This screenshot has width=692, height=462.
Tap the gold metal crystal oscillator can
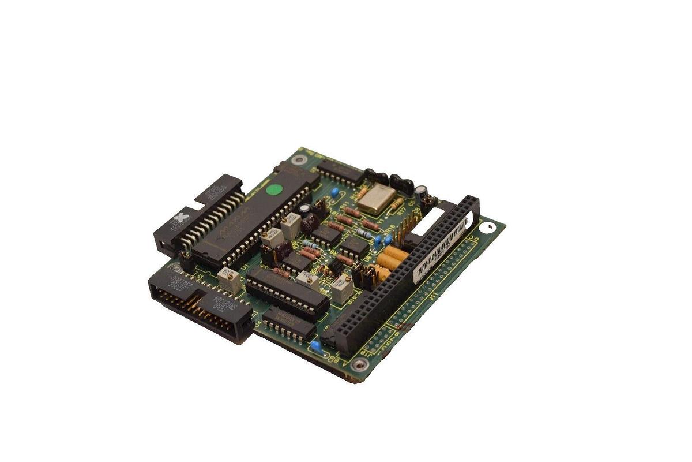375,198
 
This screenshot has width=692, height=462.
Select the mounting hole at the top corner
298,159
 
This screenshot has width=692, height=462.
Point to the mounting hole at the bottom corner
359,364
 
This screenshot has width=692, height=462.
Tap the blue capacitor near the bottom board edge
315,346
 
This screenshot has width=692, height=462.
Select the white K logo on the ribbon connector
183,218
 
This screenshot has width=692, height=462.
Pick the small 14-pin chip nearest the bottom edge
289,323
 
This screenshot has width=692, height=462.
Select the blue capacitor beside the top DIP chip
334,192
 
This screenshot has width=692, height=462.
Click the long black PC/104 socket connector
401,277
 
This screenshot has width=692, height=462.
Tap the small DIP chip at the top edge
340,172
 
